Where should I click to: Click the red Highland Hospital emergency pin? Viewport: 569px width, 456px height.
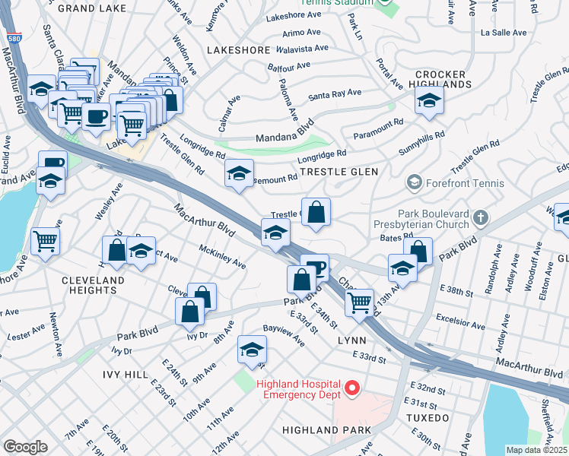(x=351, y=388)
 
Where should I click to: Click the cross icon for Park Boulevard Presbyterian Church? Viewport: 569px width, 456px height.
(x=479, y=219)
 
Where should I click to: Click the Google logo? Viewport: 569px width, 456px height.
(x=25, y=446)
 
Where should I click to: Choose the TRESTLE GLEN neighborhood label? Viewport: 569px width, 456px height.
(x=339, y=173)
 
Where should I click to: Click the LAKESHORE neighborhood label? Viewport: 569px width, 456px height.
(x=239, y=50)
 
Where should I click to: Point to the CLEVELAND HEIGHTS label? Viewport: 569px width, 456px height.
(x=93, y=286)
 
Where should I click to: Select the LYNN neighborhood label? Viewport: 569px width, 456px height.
(x=352, y=340)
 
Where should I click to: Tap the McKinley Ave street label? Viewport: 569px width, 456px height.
(x=222, y=257)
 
